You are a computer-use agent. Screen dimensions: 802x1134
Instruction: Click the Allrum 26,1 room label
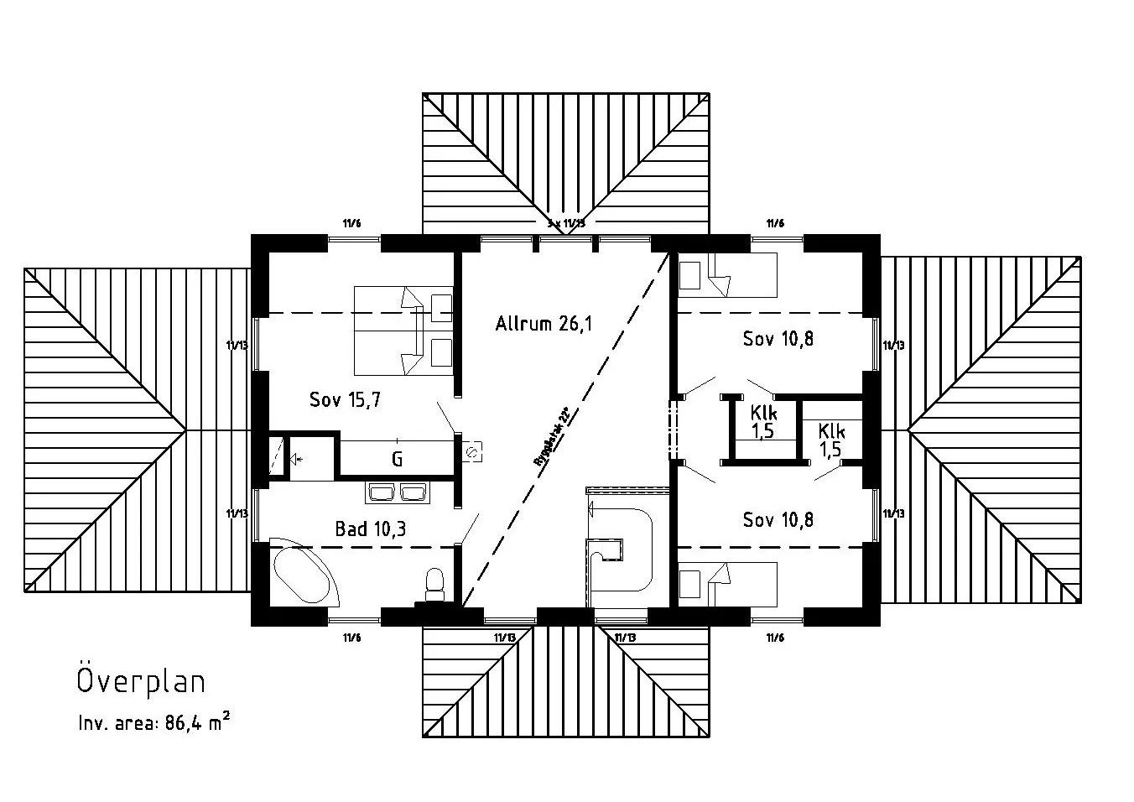click(x=543, y=323)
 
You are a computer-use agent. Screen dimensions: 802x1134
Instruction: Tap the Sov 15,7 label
click(x=345, y=400)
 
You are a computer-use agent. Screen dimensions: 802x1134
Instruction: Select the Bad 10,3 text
click(x=371, y=529)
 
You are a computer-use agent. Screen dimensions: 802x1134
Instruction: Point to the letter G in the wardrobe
click(x=397, y=460)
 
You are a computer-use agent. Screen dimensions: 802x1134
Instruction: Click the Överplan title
click(x=141, y=681)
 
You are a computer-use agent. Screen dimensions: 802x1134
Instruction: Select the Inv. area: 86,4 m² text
click(x=153, y=723)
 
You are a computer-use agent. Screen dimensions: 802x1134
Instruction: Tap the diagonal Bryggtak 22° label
click(x=552, y=436)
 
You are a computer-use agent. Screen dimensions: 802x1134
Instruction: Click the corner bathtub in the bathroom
click(x=304, y=574)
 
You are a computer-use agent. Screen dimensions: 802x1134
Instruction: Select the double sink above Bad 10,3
click(x=398, y=492)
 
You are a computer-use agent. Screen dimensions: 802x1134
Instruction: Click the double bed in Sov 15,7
click(x=403, y=330)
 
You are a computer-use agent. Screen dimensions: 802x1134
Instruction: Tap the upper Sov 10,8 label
click(x=778, y=339)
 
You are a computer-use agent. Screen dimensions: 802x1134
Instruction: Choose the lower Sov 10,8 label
click(x=778, y=520)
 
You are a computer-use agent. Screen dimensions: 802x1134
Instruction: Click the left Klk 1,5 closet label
click(x=762, y=422)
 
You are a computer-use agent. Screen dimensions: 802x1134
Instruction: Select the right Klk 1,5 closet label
click(x=831, y=440)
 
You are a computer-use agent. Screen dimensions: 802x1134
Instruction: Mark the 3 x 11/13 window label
click(x=564, y=223)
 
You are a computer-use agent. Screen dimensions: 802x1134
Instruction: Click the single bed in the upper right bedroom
click(x=727, y=275)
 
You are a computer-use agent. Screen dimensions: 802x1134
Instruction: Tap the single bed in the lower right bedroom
click(x=727, y=583)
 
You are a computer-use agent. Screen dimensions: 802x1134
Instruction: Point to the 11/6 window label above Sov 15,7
click(x=351, y=223)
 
